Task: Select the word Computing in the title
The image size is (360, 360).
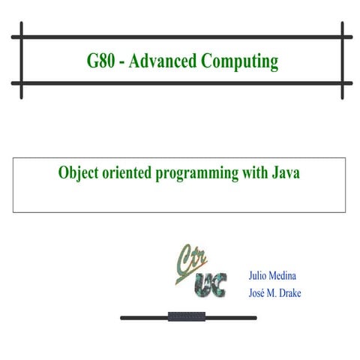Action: (238, 61)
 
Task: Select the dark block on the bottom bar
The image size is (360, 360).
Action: (187, 316)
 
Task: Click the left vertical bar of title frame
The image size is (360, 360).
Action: (22, 61)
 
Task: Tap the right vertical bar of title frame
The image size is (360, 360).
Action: (342, 61)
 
